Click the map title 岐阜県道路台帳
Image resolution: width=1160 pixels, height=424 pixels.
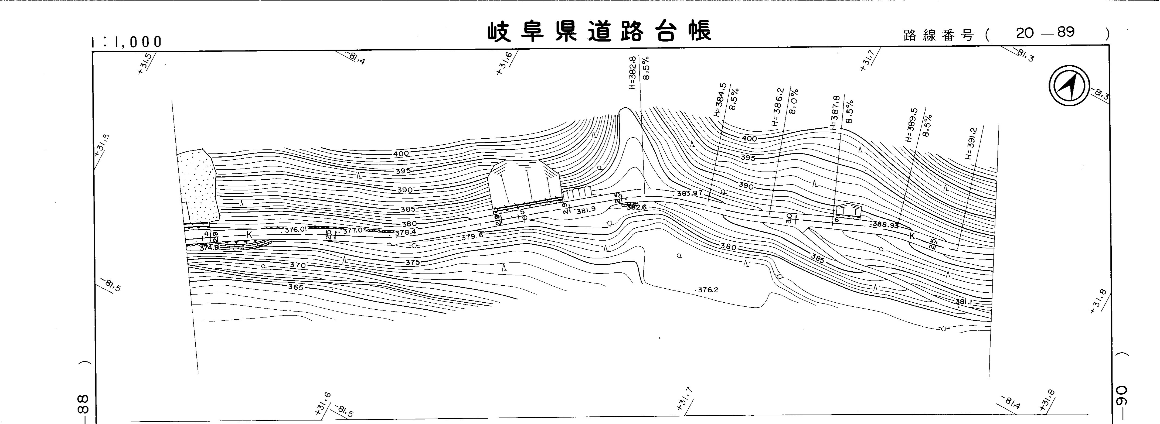(599, 32)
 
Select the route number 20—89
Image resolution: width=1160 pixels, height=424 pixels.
(1045, 32)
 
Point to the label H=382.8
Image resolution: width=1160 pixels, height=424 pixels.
(632, 73)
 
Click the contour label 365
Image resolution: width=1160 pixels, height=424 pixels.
(296, 287)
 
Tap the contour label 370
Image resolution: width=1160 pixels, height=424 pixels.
(298, 265)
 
